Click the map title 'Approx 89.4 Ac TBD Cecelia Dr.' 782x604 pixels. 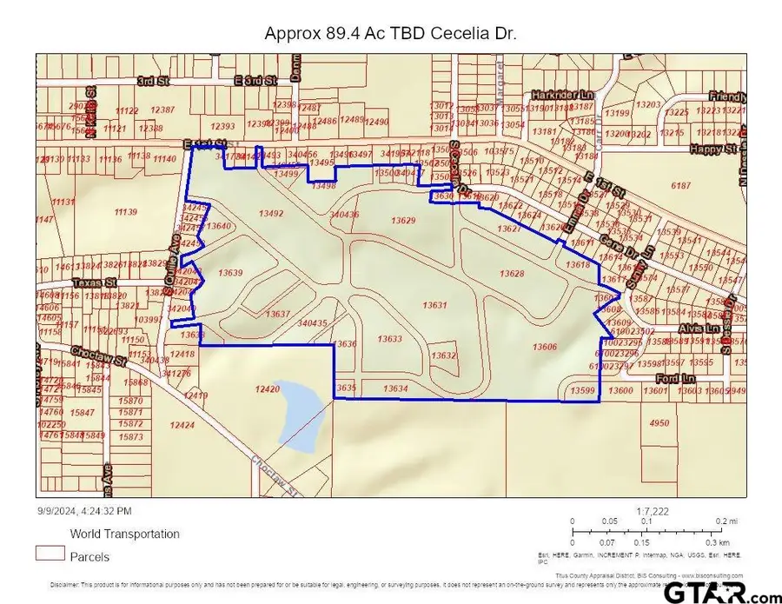coord(390,34)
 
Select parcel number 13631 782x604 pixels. coord(434,305)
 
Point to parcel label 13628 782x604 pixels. coord(512,274)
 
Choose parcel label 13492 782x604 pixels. coord(271,213)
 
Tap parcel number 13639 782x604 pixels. coord(230,273)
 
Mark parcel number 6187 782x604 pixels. coord(681,186)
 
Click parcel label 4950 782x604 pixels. coord(659,423)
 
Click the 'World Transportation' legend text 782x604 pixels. coord(124,534)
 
